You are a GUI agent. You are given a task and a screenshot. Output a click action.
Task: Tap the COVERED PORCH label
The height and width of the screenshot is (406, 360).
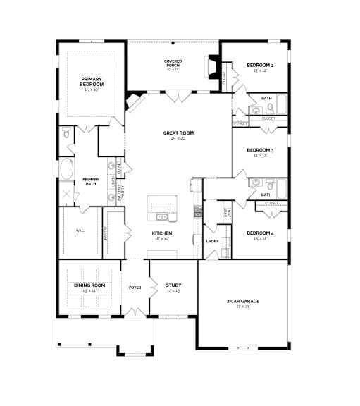tap(173, 63)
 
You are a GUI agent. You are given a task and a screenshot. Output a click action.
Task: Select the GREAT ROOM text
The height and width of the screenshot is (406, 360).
tap(178, 133)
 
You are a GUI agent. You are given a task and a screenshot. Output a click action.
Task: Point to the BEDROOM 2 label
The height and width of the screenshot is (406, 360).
tap(260, 66)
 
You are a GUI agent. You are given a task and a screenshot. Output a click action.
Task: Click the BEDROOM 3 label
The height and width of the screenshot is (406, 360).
tap(260, 150)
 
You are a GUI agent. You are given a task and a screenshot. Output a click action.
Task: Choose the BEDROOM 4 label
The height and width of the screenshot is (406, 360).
tap(260, 233)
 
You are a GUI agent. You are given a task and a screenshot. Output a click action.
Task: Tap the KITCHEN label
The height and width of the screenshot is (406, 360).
tap(162, 233)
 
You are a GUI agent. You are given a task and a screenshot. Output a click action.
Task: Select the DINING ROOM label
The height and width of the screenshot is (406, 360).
tap(89, 285)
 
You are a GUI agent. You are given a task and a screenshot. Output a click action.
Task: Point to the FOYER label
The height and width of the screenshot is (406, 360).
tap(135, 288)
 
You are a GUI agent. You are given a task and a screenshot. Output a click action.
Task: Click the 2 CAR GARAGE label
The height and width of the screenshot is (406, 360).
tap(242, 301)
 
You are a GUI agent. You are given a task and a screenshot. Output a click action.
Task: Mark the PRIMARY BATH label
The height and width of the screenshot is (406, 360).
tap(91, 180)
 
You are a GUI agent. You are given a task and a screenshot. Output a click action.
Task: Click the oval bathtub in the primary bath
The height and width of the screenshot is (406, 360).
tap(66, 169)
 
